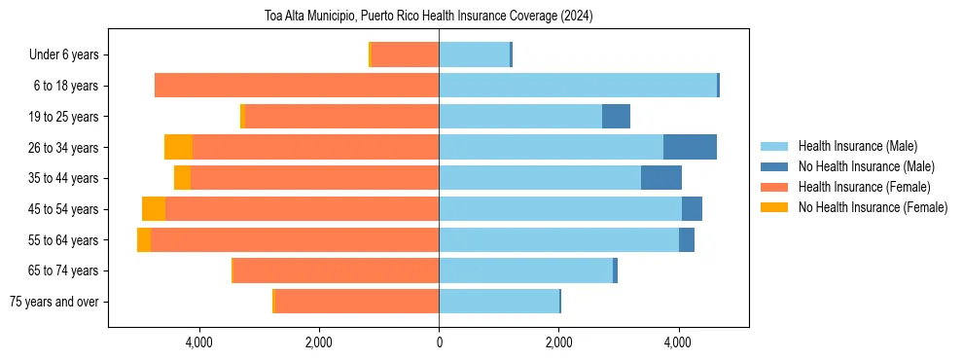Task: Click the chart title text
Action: pos(428,17)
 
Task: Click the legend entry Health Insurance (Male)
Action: pos(855,146)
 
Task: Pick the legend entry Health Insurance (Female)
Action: pos(860,187)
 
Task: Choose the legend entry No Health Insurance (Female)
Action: pos(872,207)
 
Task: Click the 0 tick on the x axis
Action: pos(439,342)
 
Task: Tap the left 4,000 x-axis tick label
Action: pos(198,342)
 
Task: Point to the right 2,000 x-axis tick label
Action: pos(558,342)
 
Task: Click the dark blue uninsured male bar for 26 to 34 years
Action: pos(690,147)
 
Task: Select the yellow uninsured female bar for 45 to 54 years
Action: pos(154,209)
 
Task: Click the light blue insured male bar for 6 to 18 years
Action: pos(578,86)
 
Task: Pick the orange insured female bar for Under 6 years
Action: pos(405,54)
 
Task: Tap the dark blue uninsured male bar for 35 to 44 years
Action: pos(661,178)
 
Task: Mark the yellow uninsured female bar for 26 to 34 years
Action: pos(178,147)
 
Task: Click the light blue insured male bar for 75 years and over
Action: pos(499,302)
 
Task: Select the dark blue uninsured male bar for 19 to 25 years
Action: pos(616,117)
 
